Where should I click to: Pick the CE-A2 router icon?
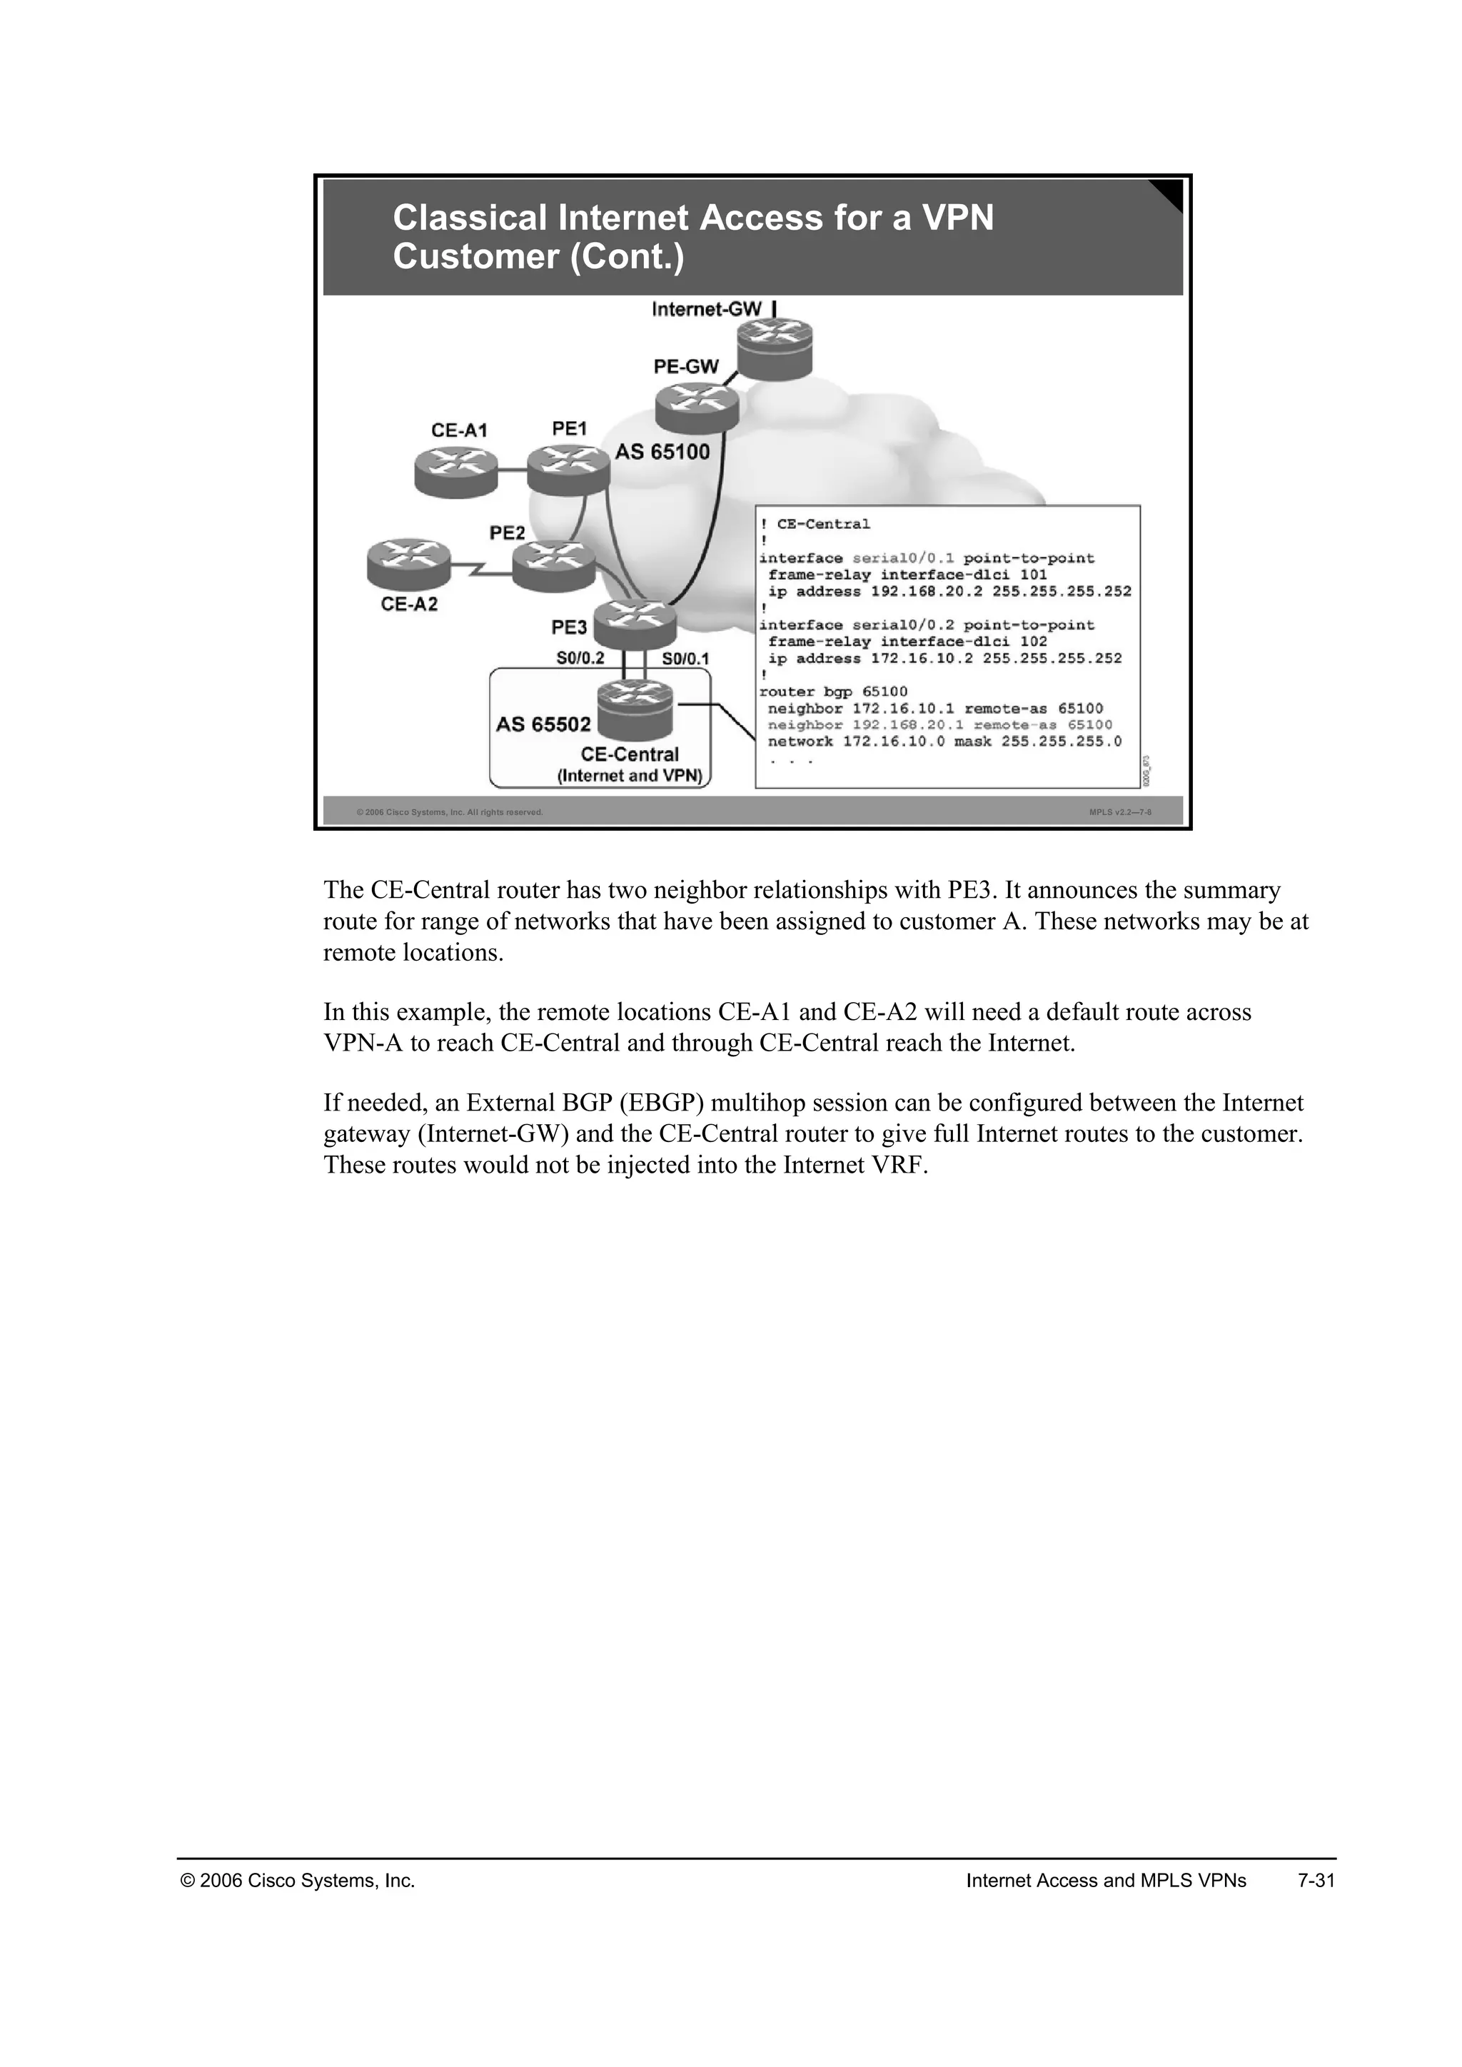click(x=408, y=565)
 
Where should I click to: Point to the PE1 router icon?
click(x=568, y=470)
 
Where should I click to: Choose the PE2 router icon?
click(x=554, y=565)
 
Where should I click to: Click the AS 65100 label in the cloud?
click(x=662, y=452)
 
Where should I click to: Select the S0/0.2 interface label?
click(x=580, y=658)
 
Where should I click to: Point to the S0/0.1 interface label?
click(x=685, y=659)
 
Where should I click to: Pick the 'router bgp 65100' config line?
click(x=834, y=692)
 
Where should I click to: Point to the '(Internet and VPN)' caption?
click(x=630, y=776)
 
